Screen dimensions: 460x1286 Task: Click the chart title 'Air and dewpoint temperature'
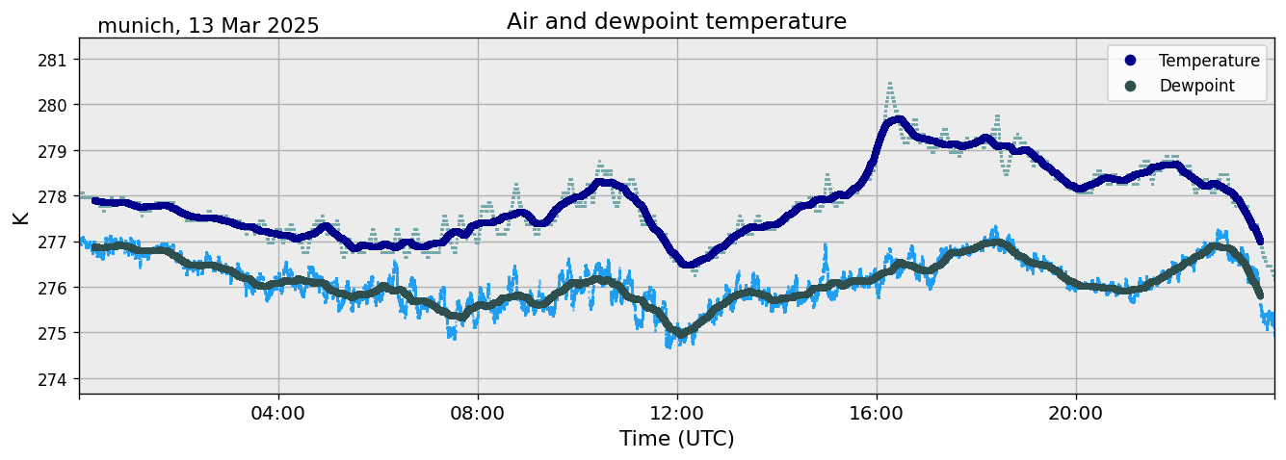pos(676,21)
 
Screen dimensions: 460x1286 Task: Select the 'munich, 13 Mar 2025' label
pos(208,26)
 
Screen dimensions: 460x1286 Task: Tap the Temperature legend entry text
pos(1209,61)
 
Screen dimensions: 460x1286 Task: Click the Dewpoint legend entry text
pos(1196,86)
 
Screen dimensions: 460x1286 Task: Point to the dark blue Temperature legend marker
pos(1130,61)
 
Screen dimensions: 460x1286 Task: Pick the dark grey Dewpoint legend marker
pos(1130,86)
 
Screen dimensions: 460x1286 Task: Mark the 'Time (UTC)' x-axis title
pos(676,439)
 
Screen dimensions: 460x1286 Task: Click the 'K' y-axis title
pos(20,217)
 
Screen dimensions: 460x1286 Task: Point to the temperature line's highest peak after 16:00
pos(898,120)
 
